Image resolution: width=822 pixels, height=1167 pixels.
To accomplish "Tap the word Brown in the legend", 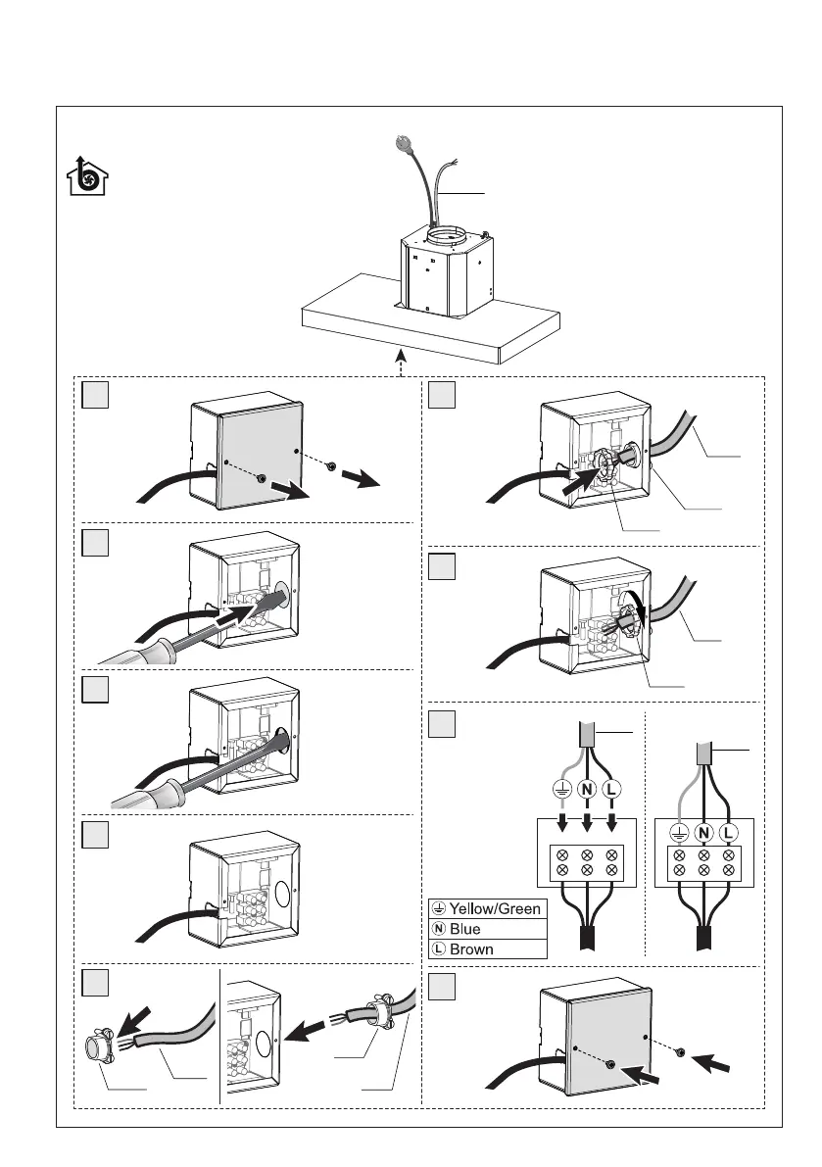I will coord(472,948).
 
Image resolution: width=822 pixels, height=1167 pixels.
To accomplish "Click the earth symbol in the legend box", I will coord(439,909).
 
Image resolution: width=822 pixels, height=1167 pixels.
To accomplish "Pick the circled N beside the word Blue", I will coord(439,929).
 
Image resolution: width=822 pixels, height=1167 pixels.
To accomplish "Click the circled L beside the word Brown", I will coord(439,948).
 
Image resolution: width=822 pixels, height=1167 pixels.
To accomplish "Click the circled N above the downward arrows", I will coord(586,787).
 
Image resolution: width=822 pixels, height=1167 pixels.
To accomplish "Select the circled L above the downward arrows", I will coord(611,787).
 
